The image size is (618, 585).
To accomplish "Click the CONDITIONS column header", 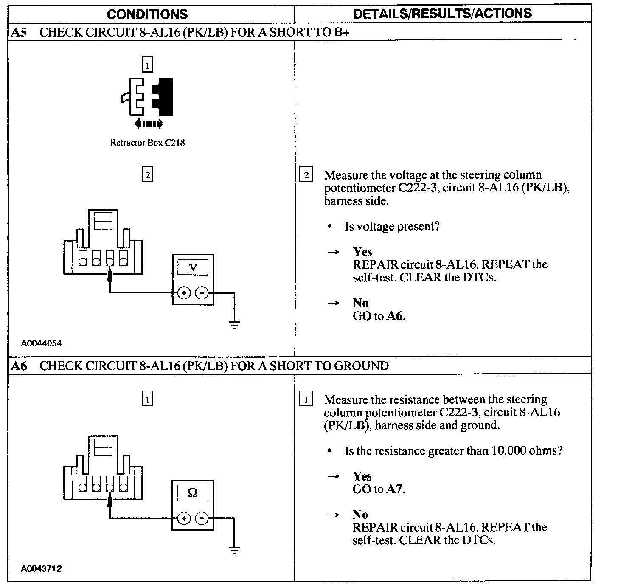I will pyautogui.click(x=147, y=14).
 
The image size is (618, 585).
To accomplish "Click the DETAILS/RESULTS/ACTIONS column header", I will pyautogui.click(x=442, y=13).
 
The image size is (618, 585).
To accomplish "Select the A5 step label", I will pyautogui.click(x=19, y=33).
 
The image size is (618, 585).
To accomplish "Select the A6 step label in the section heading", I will pyautogui.click(x=19, y=366).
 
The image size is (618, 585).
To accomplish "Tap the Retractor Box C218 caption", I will pyautogui.click(x=147, y=143).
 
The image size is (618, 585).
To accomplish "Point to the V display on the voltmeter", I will pyautogui.click(x=193, y=267).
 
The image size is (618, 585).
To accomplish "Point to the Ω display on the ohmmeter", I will pyautogui.click(x=192, y=493).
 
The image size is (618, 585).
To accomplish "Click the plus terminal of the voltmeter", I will pyautogui.click(x=183, y=293).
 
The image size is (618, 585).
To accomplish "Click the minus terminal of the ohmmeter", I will pyautogui.click(x=202, y=518).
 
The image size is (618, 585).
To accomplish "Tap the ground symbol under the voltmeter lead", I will pyautogui.click(x=234, y=325).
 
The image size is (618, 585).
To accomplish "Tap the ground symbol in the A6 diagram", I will pyautogui.click(x=234, y=551).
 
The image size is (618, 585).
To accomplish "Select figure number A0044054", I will pyautogui.click(x=41, y=343).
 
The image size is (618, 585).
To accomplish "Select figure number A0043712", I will pyautogui.click(x=41, y=569).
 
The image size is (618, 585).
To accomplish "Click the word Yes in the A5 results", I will pyautogui.click(x=362, y=252).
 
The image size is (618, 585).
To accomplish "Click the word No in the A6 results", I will pyautogui.click(x=360, y=515).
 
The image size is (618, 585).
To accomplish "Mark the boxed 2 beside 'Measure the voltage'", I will pyautogui.click(x=306, y=175).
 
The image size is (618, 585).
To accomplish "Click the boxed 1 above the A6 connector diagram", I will pyautogui.click(x=147, y=399).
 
